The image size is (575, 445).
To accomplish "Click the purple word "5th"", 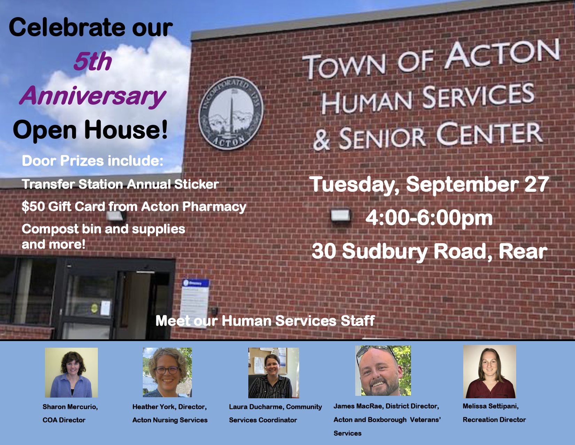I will click(92, 62).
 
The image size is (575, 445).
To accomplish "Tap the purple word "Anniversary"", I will click(92, 96).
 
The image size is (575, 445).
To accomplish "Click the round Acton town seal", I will click(231, 113).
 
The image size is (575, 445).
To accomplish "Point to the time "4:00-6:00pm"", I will click(429, 218).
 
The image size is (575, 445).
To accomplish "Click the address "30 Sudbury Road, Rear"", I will click(429, 251).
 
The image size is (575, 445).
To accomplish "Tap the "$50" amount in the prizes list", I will click(33, 207).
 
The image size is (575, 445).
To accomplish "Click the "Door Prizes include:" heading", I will click(92, 161).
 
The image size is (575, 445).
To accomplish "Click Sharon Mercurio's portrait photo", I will click(71, 372).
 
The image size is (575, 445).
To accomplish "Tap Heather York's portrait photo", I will click(167, 372).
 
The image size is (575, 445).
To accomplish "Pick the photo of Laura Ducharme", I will click(273, 373).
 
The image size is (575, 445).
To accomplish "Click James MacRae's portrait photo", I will click(383, 371).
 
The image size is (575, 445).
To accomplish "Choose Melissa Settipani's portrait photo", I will click(489, 372).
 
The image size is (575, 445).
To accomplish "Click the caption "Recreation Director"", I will click(494, 420).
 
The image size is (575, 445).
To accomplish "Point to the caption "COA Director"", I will click(64, 420).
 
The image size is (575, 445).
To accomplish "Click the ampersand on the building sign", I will click(321, 140).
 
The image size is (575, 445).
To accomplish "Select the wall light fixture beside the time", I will click(340, 215).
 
